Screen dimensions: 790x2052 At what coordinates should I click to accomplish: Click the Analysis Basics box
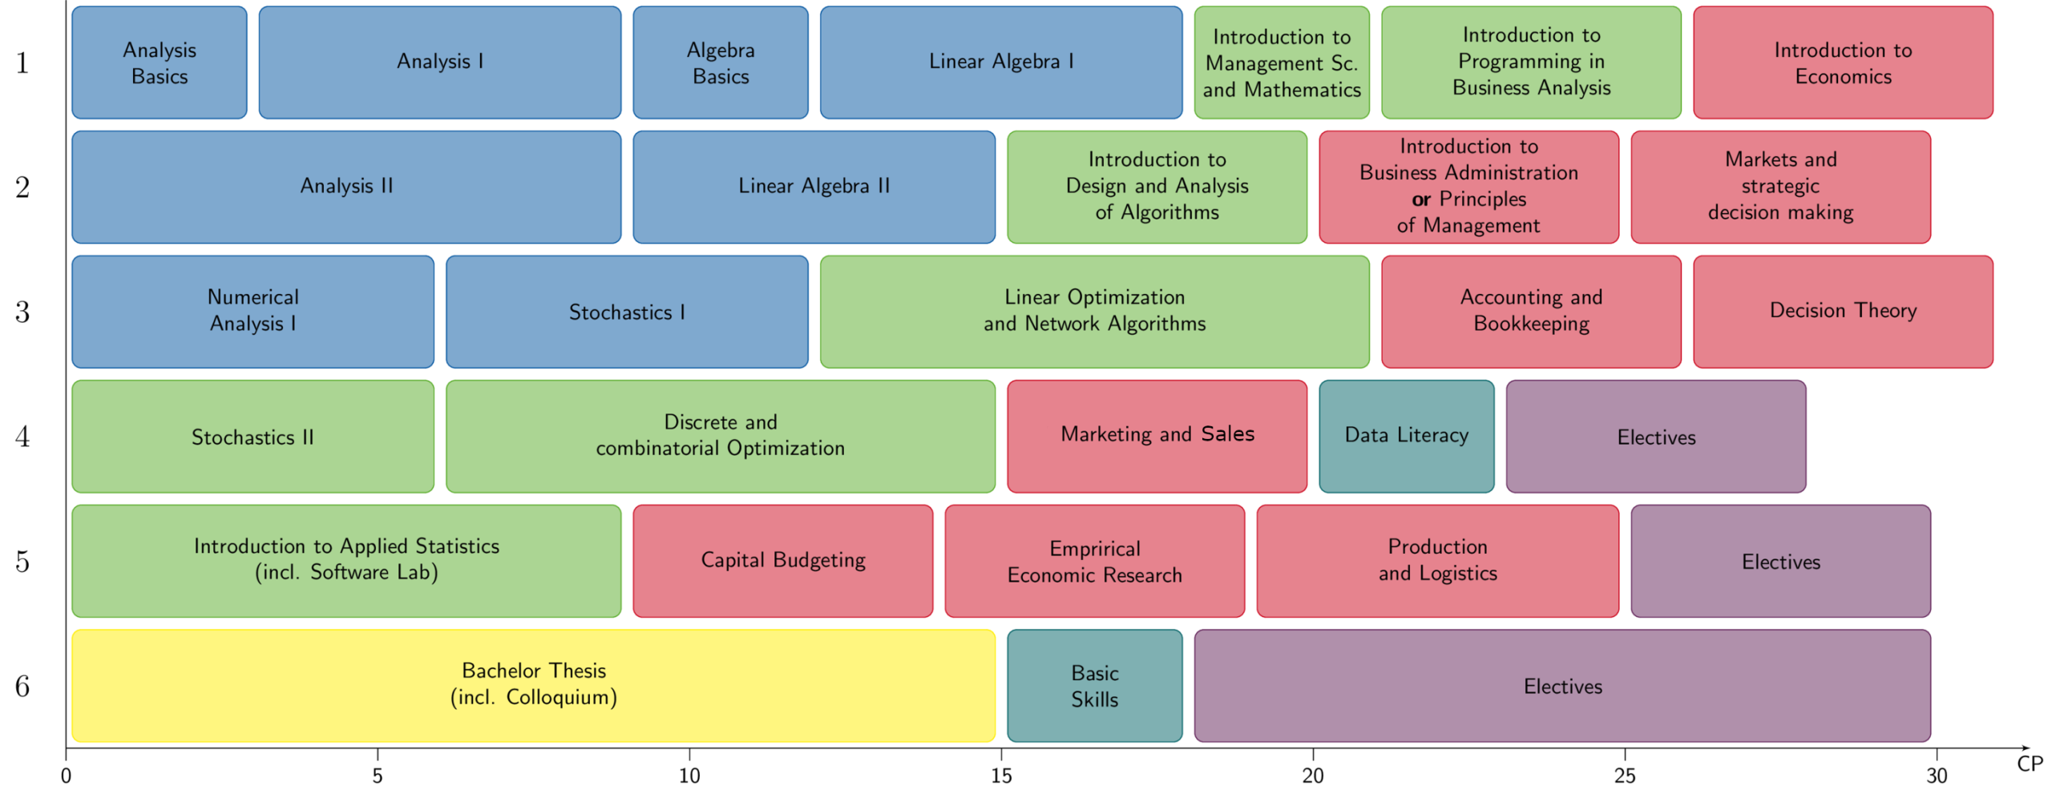pos(160,63)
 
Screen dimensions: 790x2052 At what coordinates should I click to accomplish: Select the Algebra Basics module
pos(721,63)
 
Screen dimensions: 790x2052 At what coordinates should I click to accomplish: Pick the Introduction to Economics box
pos(1843,63)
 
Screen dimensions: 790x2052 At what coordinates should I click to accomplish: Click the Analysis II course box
pos(346,187)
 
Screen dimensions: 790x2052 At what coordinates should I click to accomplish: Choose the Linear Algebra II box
pos(814,187)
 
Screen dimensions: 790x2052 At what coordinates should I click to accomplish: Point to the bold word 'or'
pos(1421,200)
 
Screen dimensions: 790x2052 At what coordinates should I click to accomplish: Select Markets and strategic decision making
pos(1780,187)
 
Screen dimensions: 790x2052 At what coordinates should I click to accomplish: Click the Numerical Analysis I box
pos(252,311)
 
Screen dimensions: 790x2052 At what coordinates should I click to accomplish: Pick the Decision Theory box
pos(1843,311)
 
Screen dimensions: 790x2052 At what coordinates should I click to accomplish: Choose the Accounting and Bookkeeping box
pos(1531,311)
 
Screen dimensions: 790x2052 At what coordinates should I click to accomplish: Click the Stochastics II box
pos(252,437)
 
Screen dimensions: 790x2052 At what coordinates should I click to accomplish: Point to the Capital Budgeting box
pos(783,560)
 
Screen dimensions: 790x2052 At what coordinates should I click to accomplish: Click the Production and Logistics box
pos(1437,560)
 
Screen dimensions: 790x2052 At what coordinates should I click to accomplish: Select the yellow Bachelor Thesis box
pos(534,685)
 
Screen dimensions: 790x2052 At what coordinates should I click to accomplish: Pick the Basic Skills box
pos(1094,685)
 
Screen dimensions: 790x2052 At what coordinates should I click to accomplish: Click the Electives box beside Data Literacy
pos(1656,437)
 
